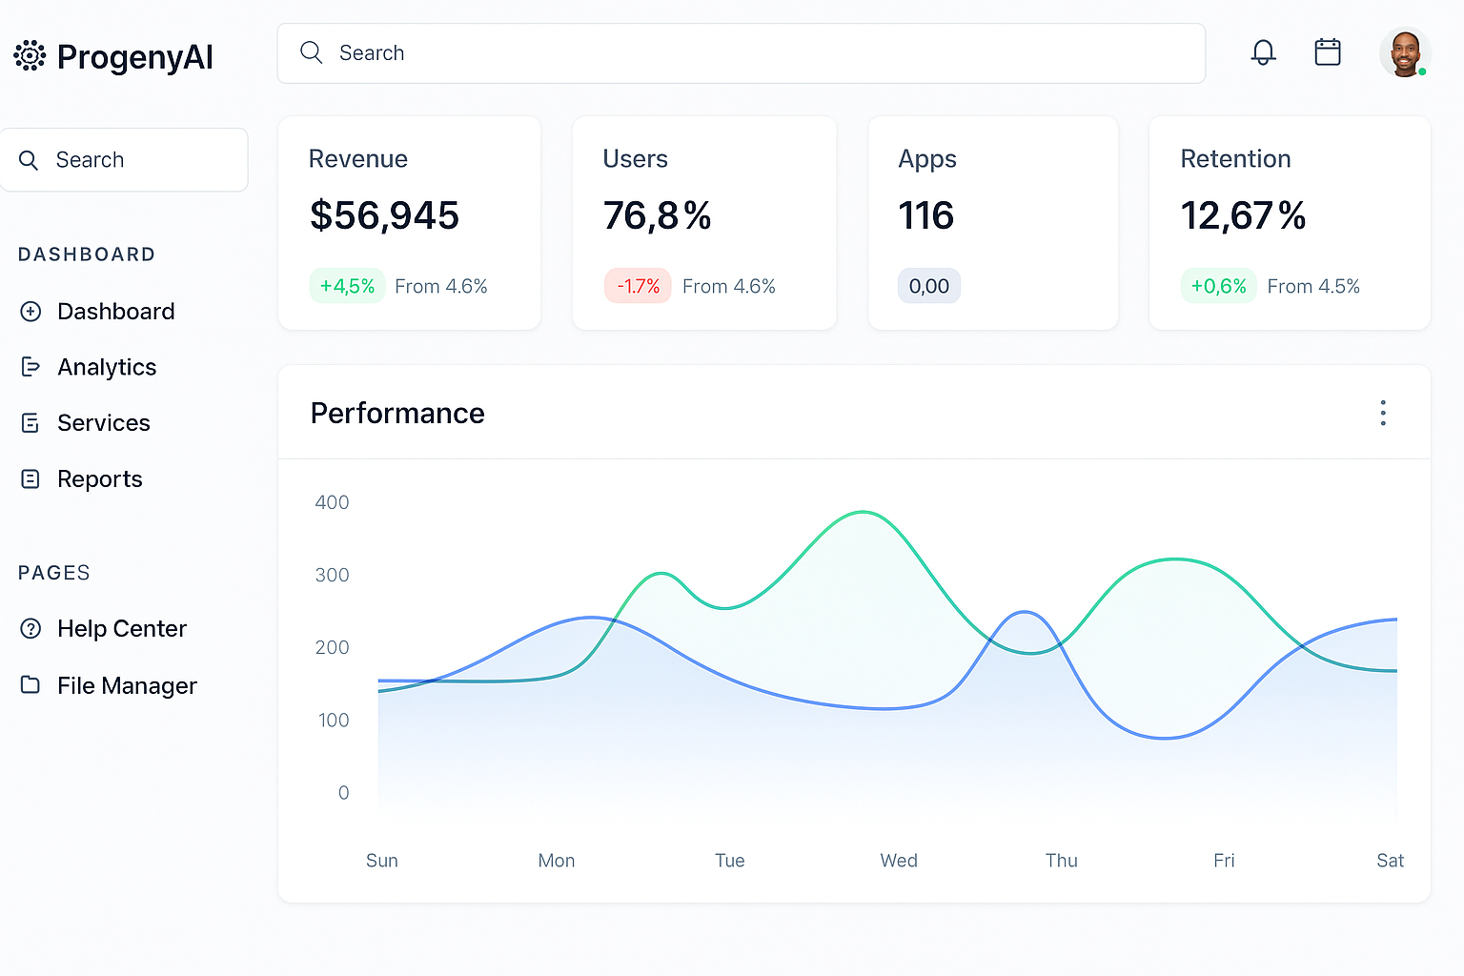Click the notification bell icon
click(1263, 52)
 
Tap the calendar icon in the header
click(1328, 52)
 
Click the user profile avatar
click(1405, 53)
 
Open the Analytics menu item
click(106, 367)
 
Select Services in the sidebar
click(103, 422)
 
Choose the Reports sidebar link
click(99, 478)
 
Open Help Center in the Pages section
click(121, 629)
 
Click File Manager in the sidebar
click(127, 685)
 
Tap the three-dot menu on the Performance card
click(1383, 413)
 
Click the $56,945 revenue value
click(384, 216)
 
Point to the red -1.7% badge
click(638, 286)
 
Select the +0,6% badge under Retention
click(1218, 286)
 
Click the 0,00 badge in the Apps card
click(928, 286)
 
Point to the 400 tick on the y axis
click(332, 502)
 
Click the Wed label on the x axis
click(899, 861)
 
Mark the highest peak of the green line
click(863, 513)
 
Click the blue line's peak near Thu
click(1024, 612)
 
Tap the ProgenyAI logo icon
click(30, 56)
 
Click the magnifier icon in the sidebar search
click(29, 160)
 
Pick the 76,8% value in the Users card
click(657, 216)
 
